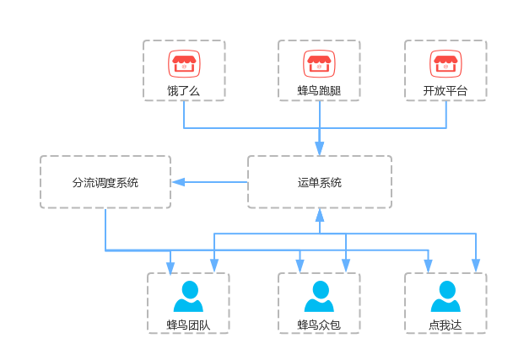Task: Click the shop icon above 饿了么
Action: [x=184, y=64]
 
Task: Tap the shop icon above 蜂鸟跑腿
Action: [x=319, y=64]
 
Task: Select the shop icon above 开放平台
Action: [x=445, y=64]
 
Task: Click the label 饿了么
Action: [x=184, y=91]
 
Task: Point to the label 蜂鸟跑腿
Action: [x=319, y=90]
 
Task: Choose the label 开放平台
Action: [x=445, y=90]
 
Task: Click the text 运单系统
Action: [x=320, y=182]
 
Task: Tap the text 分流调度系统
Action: [x=105, y=182]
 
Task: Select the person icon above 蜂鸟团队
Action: [x=188, y=296]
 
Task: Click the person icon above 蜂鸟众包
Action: [x=319, y=296]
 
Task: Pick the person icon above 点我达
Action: [x=445, y=296]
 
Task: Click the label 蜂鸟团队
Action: [x=188, y=325]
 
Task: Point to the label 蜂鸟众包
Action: [x=319, y=325]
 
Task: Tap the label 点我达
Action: [x=445, y=325]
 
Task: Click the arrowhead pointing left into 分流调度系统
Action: [x=179, y=182]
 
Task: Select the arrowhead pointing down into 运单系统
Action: [x=320, y=148]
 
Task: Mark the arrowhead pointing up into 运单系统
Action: [x=320, y=215]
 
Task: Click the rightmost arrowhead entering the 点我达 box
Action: [x=476, y=266]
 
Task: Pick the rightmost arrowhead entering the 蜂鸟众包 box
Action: [x=346, y=266]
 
